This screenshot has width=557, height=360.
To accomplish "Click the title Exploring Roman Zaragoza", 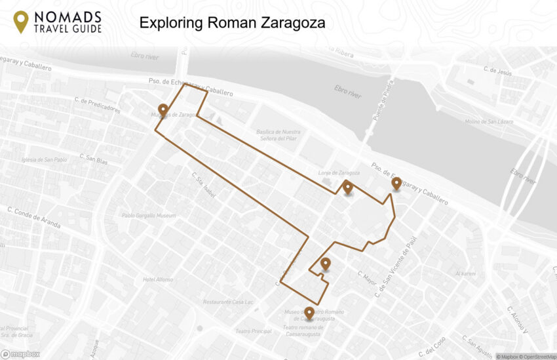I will (x=232, y=24).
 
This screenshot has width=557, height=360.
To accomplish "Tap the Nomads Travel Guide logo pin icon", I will (x=21, y=22).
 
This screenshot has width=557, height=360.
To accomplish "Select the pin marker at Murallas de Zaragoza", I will (x=163, y=110).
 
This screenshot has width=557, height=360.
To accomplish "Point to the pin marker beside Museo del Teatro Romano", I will (x=309, y=313).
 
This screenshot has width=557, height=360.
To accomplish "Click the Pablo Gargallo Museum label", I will (x=149, y=215).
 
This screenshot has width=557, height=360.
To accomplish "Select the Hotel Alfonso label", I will (x=158, y=279).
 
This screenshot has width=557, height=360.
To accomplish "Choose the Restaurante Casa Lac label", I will (x=228, y=302).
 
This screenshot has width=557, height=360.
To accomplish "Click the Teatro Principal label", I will (x=253, y=331).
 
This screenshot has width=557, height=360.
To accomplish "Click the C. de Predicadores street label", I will (x=98, y=105).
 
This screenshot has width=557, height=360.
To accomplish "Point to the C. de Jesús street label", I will (x=497, y=70).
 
